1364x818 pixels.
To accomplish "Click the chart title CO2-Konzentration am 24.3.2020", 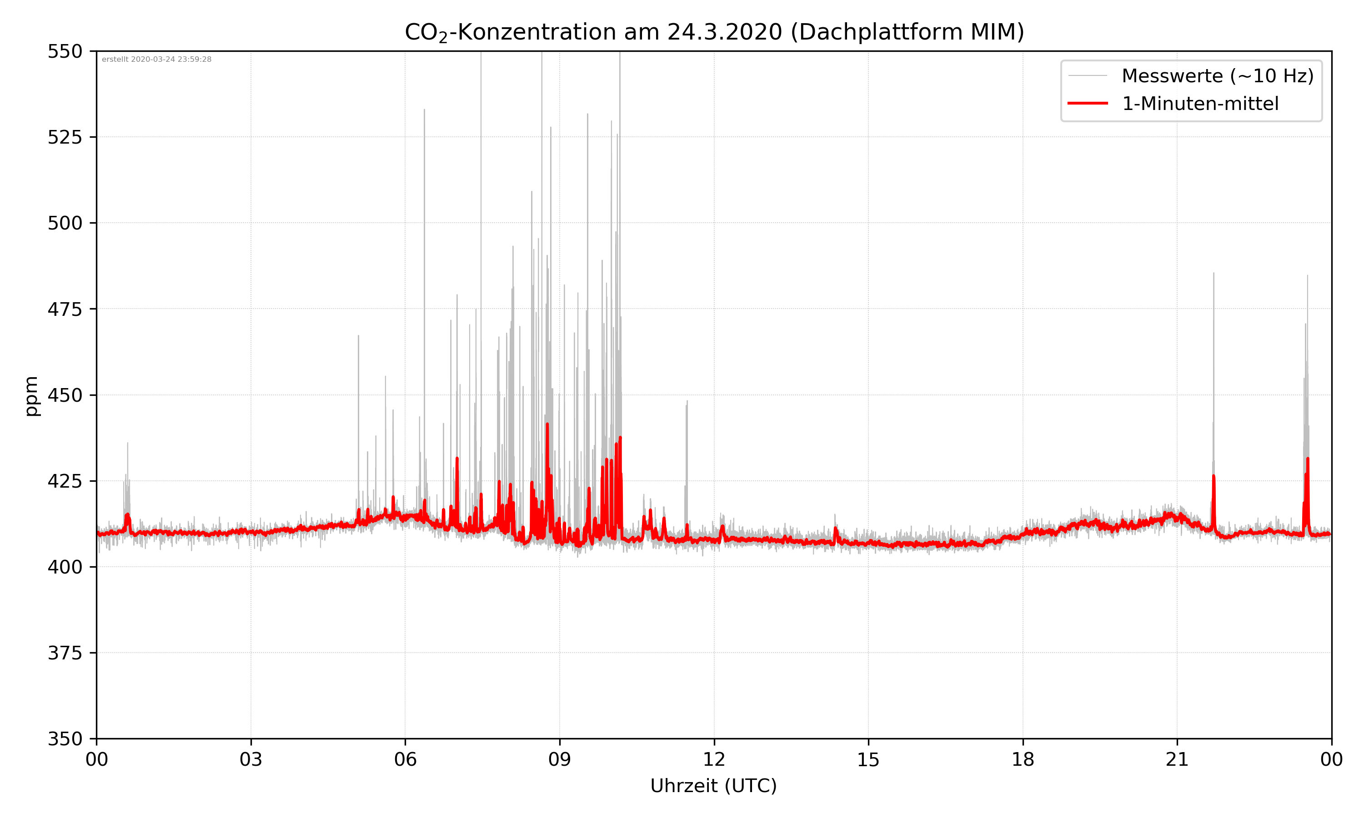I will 714,32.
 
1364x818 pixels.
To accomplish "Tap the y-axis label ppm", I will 32,395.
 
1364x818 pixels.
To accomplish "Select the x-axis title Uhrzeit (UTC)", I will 713,785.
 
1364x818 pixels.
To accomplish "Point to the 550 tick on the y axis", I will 65,51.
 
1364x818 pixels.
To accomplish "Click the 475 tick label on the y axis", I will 65,309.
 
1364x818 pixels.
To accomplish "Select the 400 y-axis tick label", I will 65,567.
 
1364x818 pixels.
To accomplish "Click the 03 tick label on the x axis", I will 251,759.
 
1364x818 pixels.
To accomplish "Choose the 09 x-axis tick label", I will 560,759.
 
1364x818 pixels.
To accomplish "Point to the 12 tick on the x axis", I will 714,759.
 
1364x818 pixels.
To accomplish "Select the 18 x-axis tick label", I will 1023,759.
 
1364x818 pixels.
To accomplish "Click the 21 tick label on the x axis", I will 1177,759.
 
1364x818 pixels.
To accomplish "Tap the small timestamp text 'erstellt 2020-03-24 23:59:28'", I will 156,60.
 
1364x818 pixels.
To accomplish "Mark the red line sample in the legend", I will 1087,103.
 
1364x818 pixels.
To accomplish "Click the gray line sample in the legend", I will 1087,75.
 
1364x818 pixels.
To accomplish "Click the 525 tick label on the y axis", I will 65,137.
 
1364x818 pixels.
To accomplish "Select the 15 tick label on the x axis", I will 868,759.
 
